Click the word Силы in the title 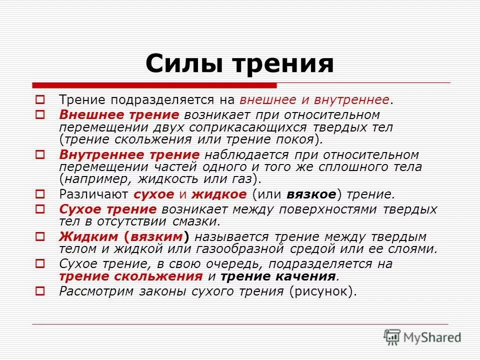click(180, 64)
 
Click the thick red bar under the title click(154, 85)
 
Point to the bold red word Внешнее click(87, 115)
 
